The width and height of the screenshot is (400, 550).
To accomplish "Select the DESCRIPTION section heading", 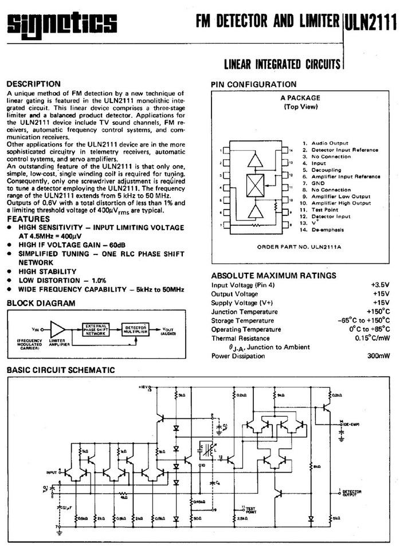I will pyautogui.click(x=33, y=84).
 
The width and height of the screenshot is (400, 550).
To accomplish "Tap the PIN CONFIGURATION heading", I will pyautogui.click(x=254, y=84).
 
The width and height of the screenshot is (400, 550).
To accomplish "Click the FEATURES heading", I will pyautogui.click(x=28, y=219).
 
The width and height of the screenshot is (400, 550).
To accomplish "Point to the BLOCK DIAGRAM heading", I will pyautogui.click(x=41, y=303).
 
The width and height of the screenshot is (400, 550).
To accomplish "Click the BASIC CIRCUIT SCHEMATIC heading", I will pyautogui.click(x=61, y=370).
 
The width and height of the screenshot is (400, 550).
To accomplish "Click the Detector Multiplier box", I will pyautogui.click(x=136, y=329).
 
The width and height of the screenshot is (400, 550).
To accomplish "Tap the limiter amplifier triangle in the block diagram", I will pyautogui.click(x=58, y=329).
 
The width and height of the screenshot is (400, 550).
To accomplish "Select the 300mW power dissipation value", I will pyautogui.click(x=378, y=356).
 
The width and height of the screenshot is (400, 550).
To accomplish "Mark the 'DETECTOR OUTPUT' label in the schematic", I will pyautogui.click(x=351, y=493).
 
